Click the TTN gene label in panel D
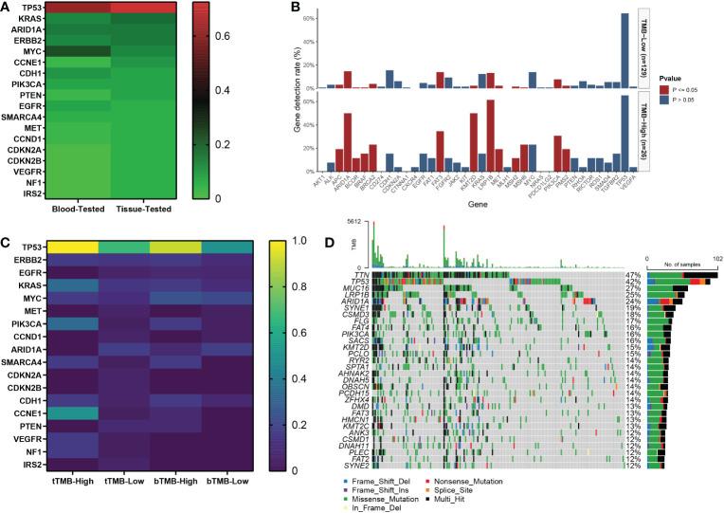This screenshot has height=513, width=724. click(361, 275)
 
